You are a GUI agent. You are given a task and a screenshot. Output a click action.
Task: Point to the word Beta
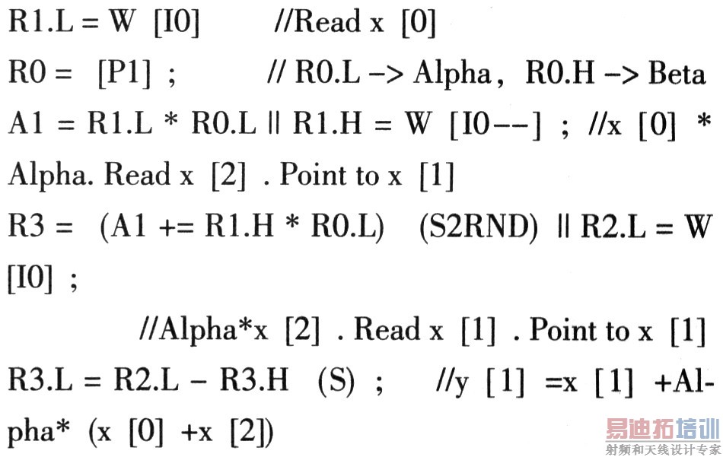[x=678, y=74]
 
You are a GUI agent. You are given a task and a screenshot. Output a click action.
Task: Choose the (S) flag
[x=336, y=381]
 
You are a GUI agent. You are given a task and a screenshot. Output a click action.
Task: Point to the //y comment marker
[x=438, y=381]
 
